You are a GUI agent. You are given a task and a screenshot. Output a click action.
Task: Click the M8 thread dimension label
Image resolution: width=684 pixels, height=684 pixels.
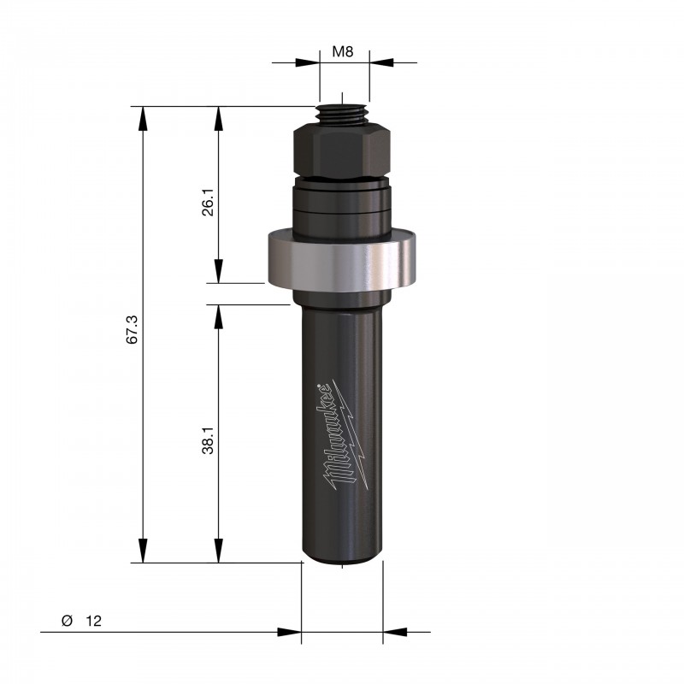point(343,52)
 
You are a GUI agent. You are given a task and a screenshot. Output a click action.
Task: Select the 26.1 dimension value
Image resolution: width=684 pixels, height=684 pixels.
point(208,202)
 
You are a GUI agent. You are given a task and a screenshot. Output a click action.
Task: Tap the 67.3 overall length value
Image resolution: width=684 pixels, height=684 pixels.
point(133,329)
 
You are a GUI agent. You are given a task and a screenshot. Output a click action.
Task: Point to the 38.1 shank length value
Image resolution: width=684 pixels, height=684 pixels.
point(208,440)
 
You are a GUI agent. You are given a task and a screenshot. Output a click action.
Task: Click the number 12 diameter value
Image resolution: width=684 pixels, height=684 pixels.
point(93,621)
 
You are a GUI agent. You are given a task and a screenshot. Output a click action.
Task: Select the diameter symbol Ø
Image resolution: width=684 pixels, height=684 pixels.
point(67,621)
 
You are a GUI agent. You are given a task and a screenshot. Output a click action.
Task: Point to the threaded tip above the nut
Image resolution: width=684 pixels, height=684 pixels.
point(343,115)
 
